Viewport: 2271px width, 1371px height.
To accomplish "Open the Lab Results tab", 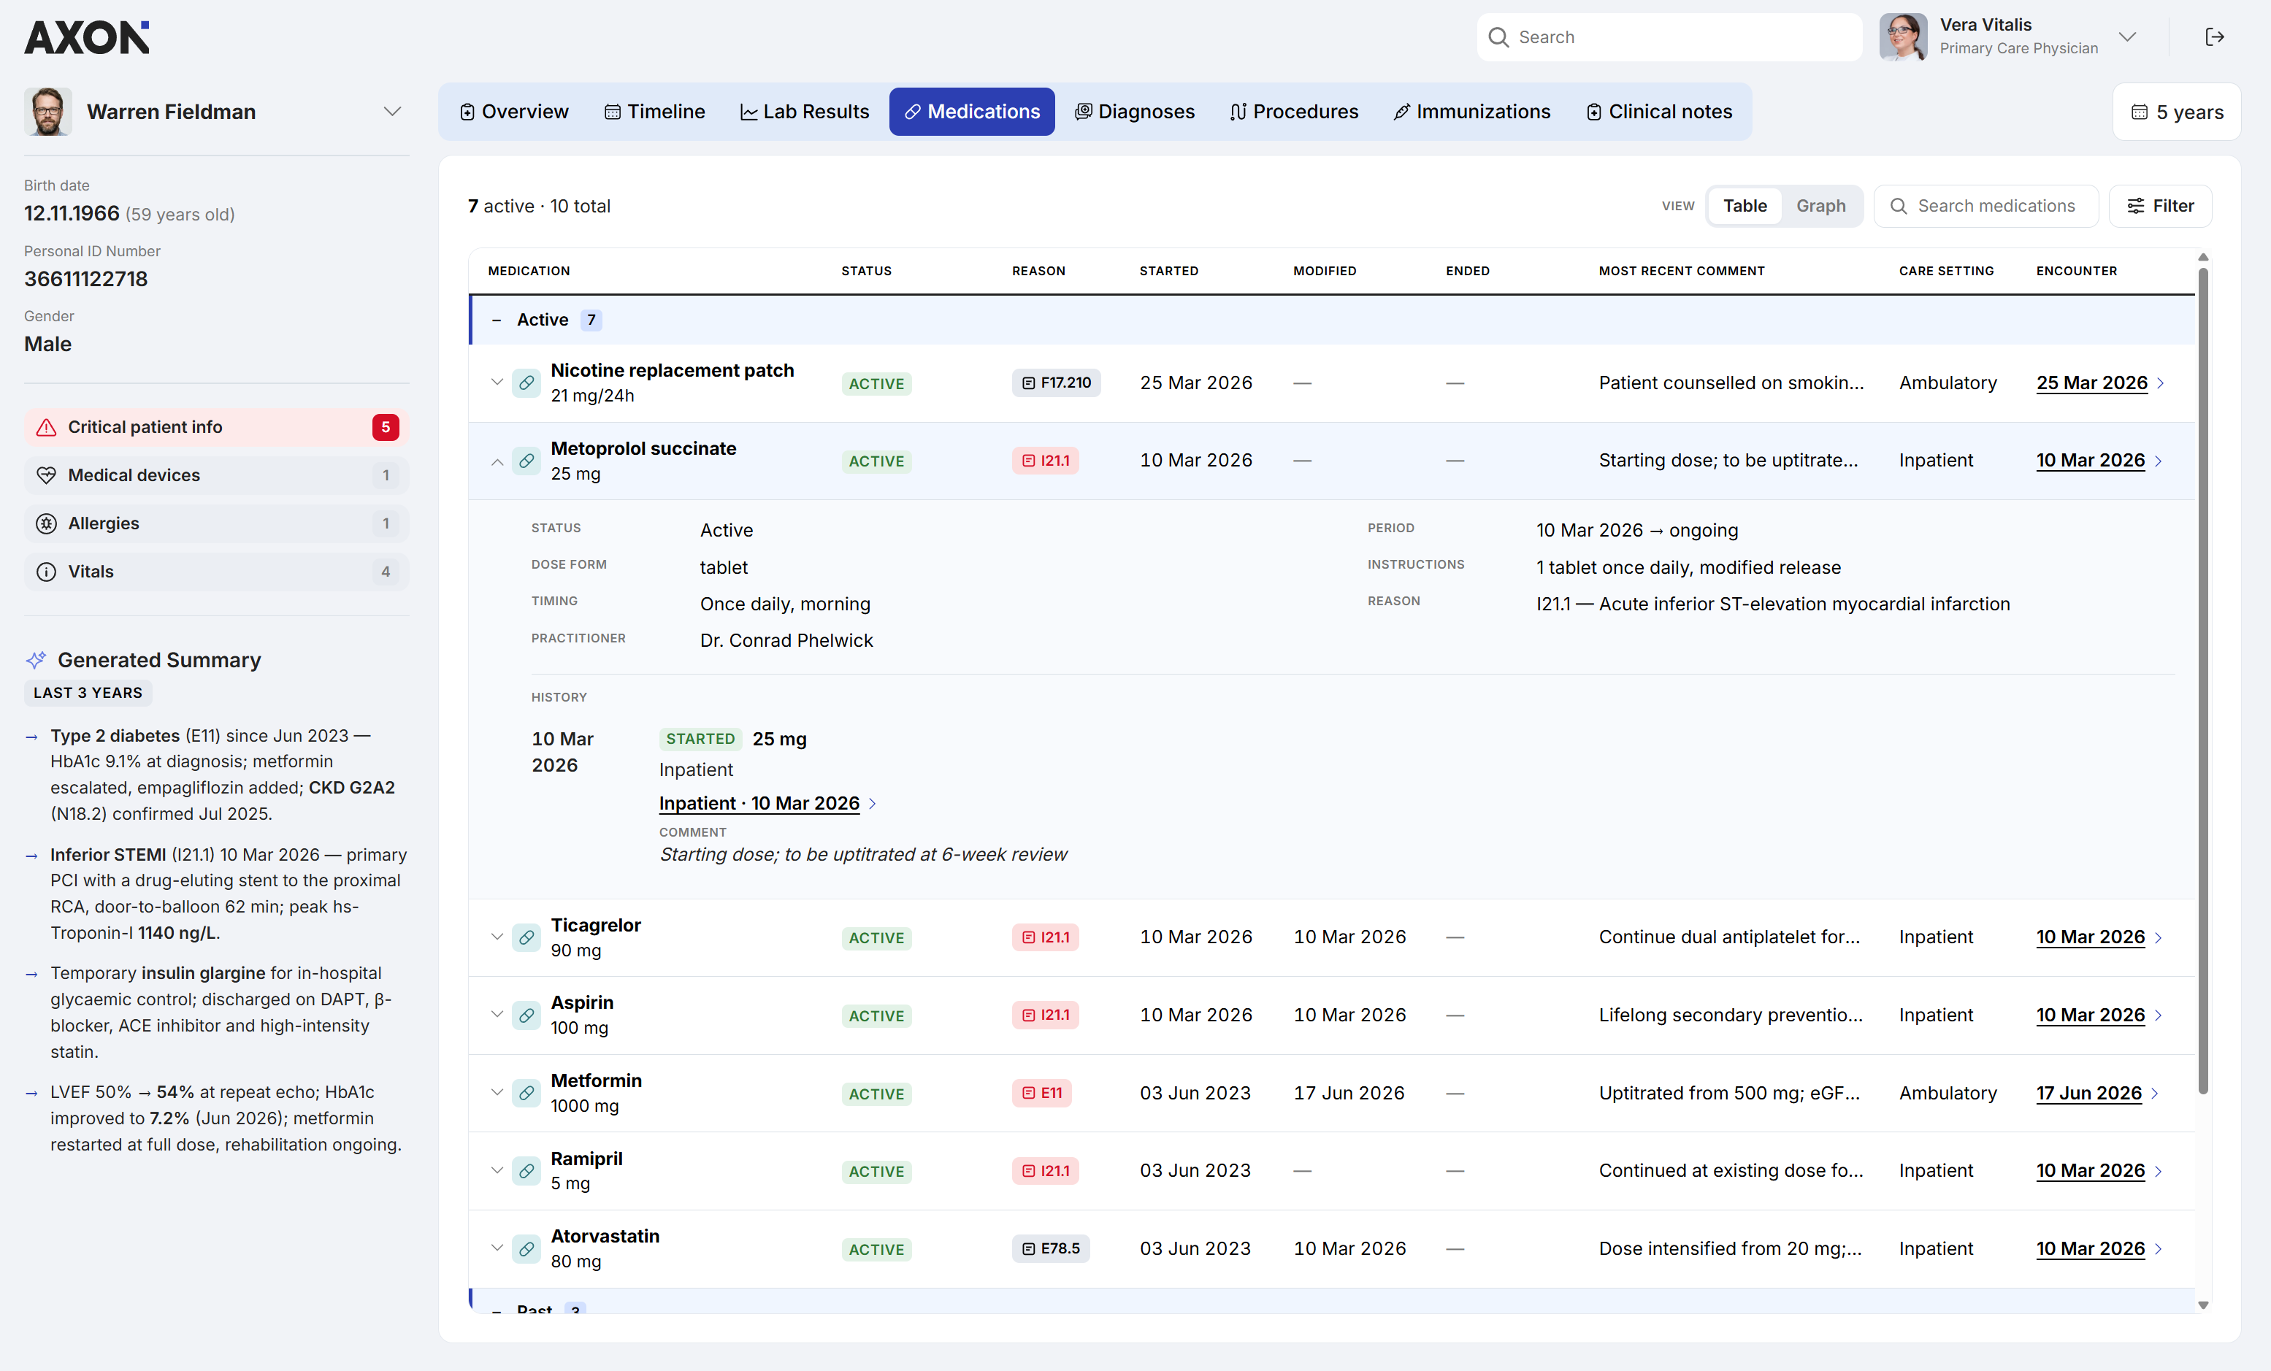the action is [x=805, y=112].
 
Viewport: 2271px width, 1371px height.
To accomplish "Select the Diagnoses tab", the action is [x=1135, y=112].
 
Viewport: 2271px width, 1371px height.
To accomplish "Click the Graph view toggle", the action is [x=1820, y=205].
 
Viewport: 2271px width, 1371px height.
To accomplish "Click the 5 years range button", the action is [x=2176, y=112].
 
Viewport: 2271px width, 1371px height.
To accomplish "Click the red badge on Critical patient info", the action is [x=386, y=426].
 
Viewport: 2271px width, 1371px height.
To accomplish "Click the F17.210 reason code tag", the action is [x=1055, y=383].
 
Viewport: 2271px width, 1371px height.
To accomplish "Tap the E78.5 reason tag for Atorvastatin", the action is [x=1051, y=1248].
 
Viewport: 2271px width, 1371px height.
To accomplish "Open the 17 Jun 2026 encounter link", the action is [x=2088, y=1093].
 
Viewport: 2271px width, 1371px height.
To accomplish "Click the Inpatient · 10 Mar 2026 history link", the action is [x=759, y=804].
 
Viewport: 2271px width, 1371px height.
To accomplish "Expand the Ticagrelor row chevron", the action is [x=497, y=937].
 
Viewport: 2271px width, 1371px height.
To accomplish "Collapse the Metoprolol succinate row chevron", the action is [x=497, y=461].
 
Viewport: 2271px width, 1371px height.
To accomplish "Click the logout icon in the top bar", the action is [x=2214, y=37].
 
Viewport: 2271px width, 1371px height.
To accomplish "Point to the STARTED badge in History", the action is [x=700, y=739].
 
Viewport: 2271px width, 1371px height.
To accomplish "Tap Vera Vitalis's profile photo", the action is [x=1902, y=37].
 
